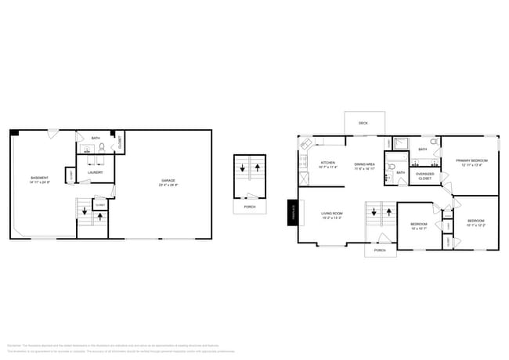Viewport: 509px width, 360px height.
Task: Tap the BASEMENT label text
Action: [39, 178]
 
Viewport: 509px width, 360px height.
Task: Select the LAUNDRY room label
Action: [96, 172]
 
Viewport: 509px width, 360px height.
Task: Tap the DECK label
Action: [363, 124]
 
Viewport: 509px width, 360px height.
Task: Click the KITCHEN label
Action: [327, 164]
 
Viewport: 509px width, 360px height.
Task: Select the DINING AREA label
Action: [365, 164]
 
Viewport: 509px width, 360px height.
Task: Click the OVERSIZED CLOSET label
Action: [424, 176]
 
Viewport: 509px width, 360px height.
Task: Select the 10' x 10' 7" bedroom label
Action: [418, 225]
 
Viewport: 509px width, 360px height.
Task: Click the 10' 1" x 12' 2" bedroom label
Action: [476, 221]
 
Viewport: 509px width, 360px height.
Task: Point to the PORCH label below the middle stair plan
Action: [249, 207]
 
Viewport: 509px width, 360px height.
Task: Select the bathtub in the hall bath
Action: [400, 142]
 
